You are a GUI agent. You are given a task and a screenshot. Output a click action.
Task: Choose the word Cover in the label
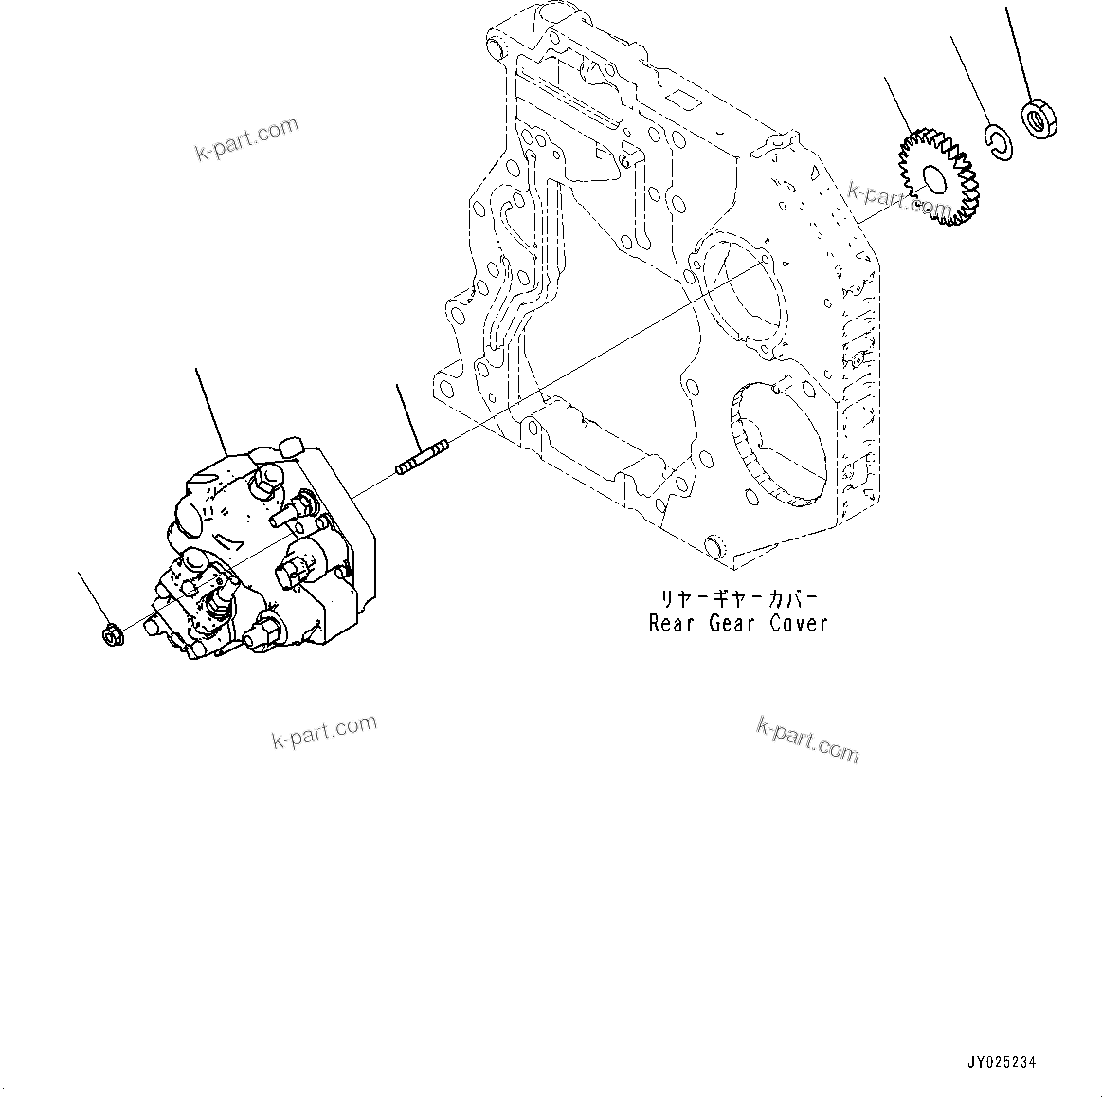798,623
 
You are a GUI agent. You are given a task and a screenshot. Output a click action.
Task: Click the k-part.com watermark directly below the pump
323,731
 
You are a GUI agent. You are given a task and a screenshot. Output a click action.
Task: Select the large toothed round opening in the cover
777,441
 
